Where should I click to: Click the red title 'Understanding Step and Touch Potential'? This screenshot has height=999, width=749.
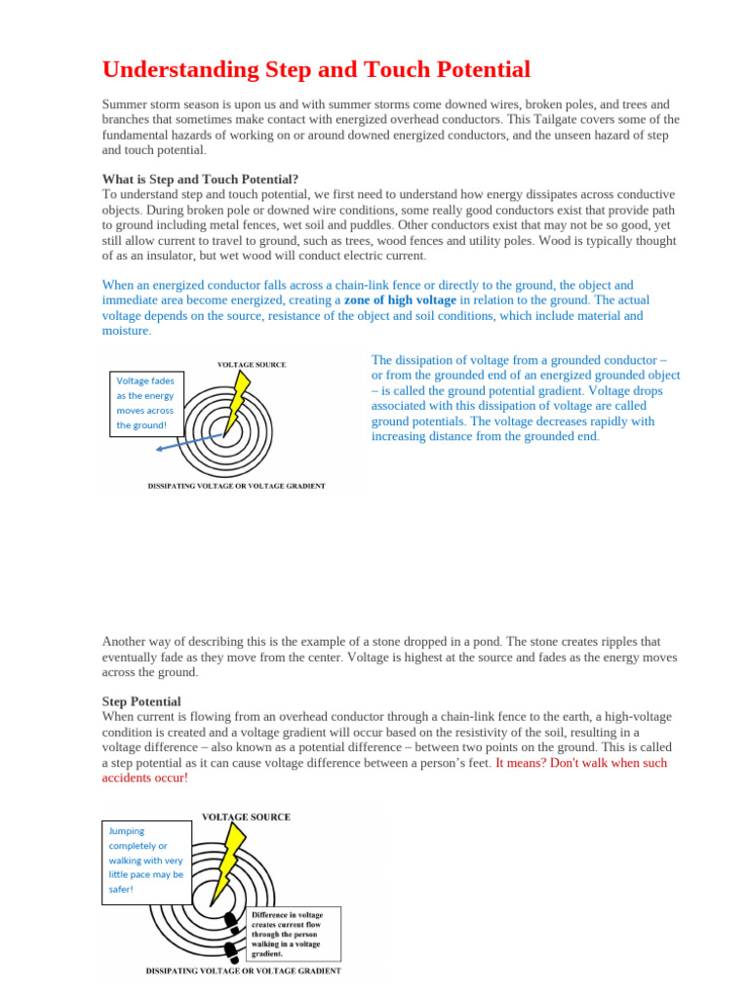[316, 70]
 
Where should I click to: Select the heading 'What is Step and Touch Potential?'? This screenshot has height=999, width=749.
[200, 180]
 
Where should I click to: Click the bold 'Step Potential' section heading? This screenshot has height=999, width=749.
[141, 701]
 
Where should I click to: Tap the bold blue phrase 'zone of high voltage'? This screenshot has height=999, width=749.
[399, 300]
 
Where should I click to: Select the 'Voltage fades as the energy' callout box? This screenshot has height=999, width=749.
[146, 402]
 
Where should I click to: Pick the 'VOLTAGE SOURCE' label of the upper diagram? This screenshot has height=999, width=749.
[251, 365]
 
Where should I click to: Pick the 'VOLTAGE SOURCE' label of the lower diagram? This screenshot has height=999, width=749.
[245, 817]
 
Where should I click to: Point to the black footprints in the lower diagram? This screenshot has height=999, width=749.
[230, 933]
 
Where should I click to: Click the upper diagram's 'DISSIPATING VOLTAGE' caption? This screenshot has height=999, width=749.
[236, 486]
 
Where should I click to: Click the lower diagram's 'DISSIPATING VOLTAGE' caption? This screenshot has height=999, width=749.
[243, 971]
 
